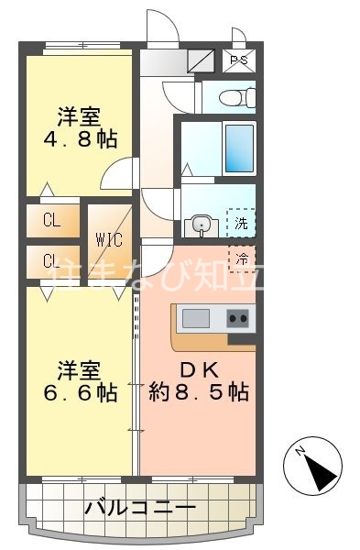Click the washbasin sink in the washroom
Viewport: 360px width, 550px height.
[x=199, y=223]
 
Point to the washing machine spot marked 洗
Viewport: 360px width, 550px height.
[x=240, y=223]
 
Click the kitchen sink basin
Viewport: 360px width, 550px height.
[x=195, y=319]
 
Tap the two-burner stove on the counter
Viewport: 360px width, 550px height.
[x=238, y=319]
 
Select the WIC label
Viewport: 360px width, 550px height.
[x=109, y=240]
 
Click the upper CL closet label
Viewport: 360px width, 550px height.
[x=50, y=221]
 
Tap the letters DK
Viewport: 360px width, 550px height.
[x=197, y=370]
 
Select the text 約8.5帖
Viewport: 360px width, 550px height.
[x=198, y=393]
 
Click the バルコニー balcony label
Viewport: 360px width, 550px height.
[x=139, y=507]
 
